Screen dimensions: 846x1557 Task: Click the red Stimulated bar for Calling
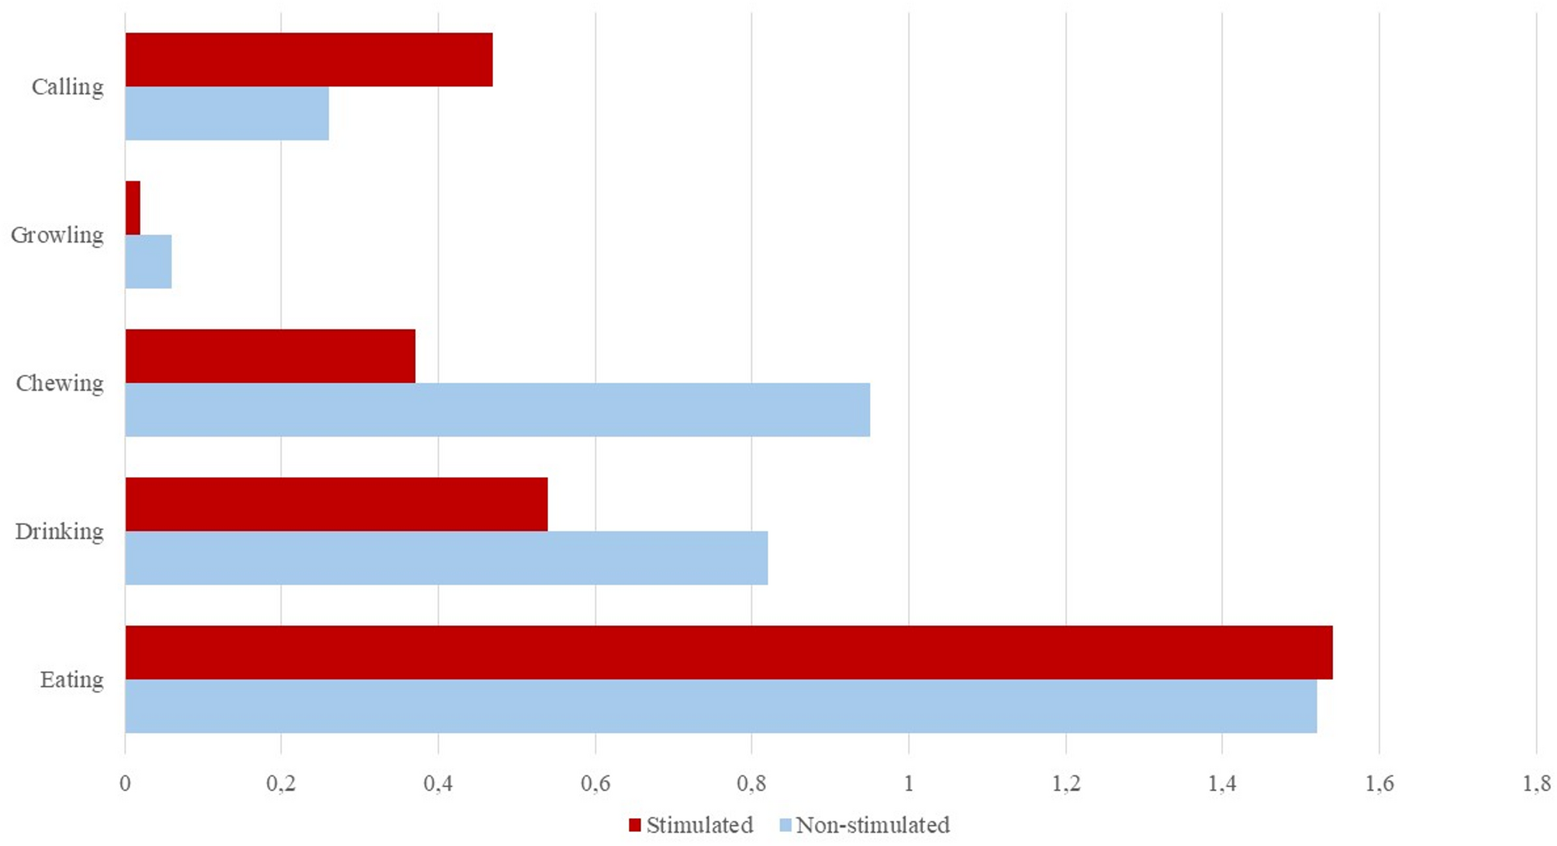pyautogui.click(x=309, y=60)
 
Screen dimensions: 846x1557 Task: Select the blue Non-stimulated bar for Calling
pyautogui.click(x=226, y=113)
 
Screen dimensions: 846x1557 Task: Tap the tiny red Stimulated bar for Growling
pyautogui.click(x=133, y=208)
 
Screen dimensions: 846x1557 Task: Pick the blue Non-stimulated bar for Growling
pyautogui.click(x=148, y=261)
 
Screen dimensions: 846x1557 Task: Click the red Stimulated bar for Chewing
pyautogui.click(x=270, y=356)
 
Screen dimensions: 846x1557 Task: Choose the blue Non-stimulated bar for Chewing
pyautogui.click(x=497, y=409)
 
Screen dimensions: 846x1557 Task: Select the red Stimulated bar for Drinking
pyautogui.click(x=336, y=504)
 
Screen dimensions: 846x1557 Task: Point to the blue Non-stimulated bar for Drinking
pyautogui.click(x=446, y=558)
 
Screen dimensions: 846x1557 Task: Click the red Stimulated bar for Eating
pyautogui.click(x=728, y=652)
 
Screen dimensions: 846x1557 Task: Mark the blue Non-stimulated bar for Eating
pyautogui.click(x=720, y=706)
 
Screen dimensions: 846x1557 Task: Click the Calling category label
pyautogui.click(x=67, y=87)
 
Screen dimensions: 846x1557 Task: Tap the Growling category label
pyautogui.click(x=57, y=235)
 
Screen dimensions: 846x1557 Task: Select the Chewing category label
pyautogui.click(x=60, y=383)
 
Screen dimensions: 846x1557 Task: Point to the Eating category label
pyautogui.click(x=71, y=680)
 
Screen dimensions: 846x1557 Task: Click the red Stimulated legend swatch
pyautogui.click(x=635, y=825)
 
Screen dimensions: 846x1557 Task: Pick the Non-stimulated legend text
pyautogui.click(x=872, y=825)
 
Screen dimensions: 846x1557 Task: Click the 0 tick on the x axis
pyautogui.click(x=125, y=783)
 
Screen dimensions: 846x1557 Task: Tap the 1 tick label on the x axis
pyautogui.click(x=909, y=783)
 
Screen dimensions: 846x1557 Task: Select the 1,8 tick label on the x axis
pyautogui.click(x=1536, y=783)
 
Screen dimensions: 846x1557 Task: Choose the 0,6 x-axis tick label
pyautogui.click(x=595, y=783)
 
